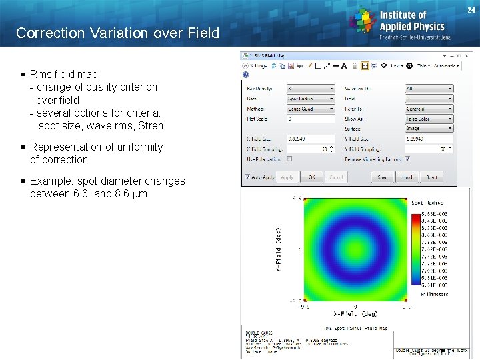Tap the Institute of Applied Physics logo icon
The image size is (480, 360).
(363, 21)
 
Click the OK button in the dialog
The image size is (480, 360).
(311, 177)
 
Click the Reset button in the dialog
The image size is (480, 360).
(431, 177)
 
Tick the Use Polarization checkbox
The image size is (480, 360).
(289, 159)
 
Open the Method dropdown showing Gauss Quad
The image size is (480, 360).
(311, 109)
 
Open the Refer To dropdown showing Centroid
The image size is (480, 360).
(429, 109)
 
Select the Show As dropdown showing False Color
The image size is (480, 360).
(429, 119)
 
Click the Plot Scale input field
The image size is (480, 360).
(311, 119)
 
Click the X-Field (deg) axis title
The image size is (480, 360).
(355, 313)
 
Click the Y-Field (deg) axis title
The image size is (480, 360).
(279, 248)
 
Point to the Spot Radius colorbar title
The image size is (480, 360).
(427, 203)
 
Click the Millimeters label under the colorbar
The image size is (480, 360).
(434, 293)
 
